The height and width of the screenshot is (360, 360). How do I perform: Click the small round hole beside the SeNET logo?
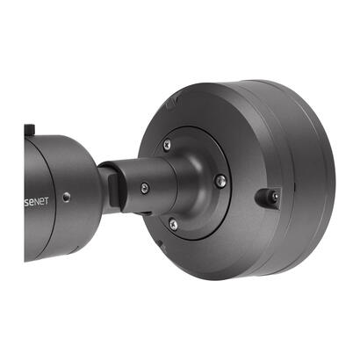pos(68,197)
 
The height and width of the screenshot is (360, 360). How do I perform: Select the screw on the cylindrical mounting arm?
pos(143,187)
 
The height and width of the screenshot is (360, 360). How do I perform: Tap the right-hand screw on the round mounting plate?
pos(220,181)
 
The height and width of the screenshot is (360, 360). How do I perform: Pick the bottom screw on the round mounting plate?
pos(173,226)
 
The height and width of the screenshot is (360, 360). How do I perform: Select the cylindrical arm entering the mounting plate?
pos(140,180)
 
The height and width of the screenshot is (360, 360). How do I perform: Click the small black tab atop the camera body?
pos(30,129)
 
